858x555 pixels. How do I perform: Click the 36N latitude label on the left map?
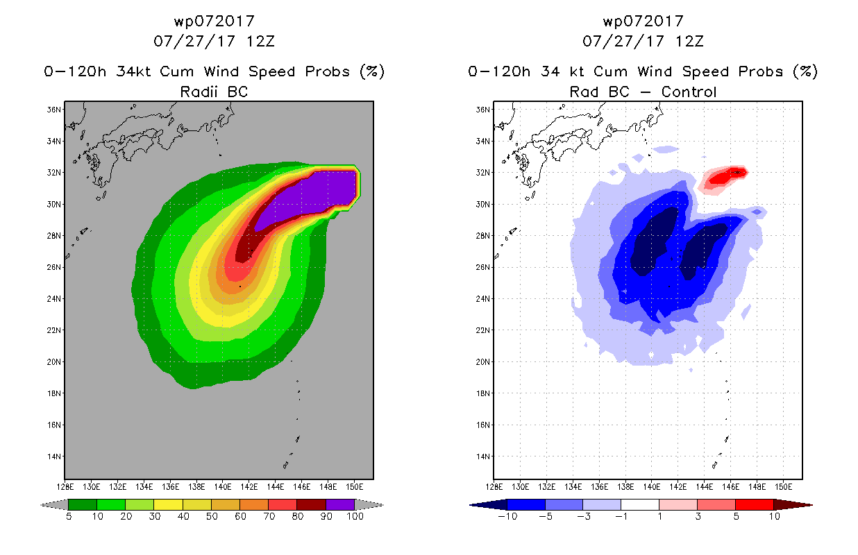53,110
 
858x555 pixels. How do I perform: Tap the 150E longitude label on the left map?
354,487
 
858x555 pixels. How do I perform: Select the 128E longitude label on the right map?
494,487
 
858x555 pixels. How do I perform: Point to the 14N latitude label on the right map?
482,456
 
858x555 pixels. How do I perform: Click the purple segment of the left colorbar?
340,504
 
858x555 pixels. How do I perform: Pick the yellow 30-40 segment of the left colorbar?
168,504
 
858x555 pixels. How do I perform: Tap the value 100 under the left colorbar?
355,516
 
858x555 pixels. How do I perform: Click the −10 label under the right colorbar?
507,516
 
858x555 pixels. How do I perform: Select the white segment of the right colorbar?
640,504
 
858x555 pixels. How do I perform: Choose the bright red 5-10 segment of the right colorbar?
755,504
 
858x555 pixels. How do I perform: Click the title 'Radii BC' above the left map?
214,92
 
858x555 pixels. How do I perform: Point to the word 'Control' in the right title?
689,92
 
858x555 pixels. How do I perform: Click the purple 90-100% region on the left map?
314,195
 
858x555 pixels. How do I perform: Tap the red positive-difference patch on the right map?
722,179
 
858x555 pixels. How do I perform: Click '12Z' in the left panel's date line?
260,42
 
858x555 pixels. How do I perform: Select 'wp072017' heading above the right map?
643,22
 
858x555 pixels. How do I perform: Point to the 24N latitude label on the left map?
53,299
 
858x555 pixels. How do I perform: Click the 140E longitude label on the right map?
652,487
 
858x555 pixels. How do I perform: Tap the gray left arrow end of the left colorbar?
54,505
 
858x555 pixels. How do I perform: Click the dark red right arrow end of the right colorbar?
793,505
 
